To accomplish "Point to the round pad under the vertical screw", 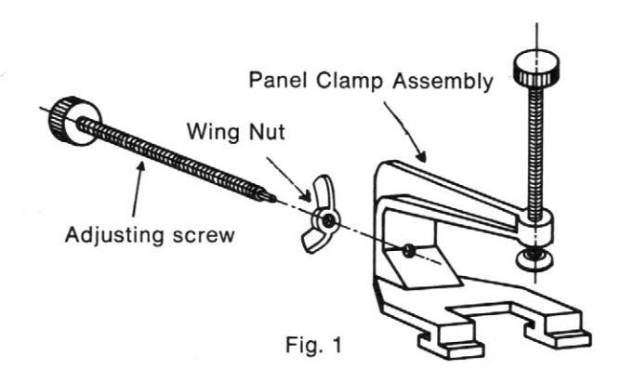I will coord(531,256).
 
